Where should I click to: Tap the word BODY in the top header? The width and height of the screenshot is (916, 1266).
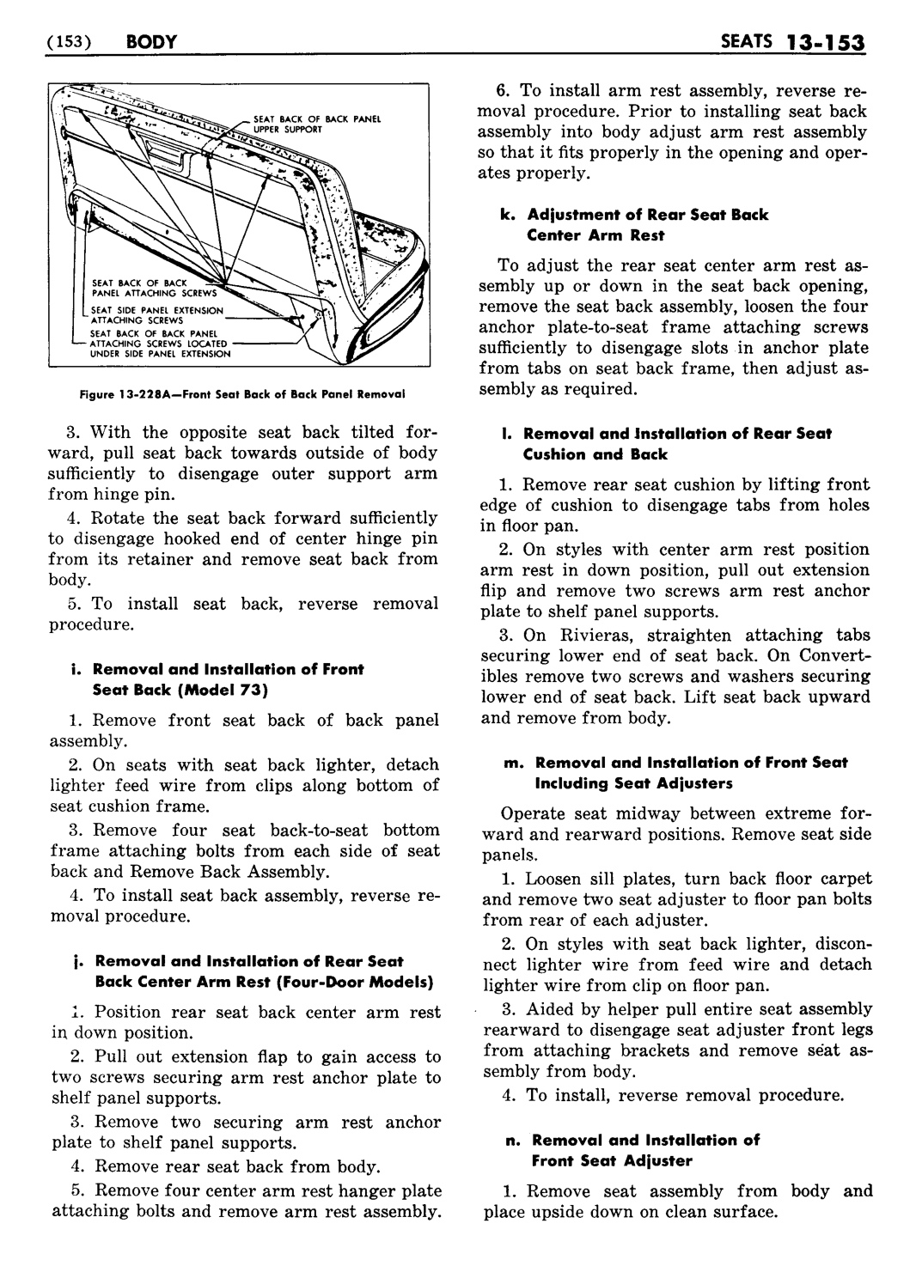pos(150,40)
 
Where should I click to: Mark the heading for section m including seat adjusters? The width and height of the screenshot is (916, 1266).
pos(683,772)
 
